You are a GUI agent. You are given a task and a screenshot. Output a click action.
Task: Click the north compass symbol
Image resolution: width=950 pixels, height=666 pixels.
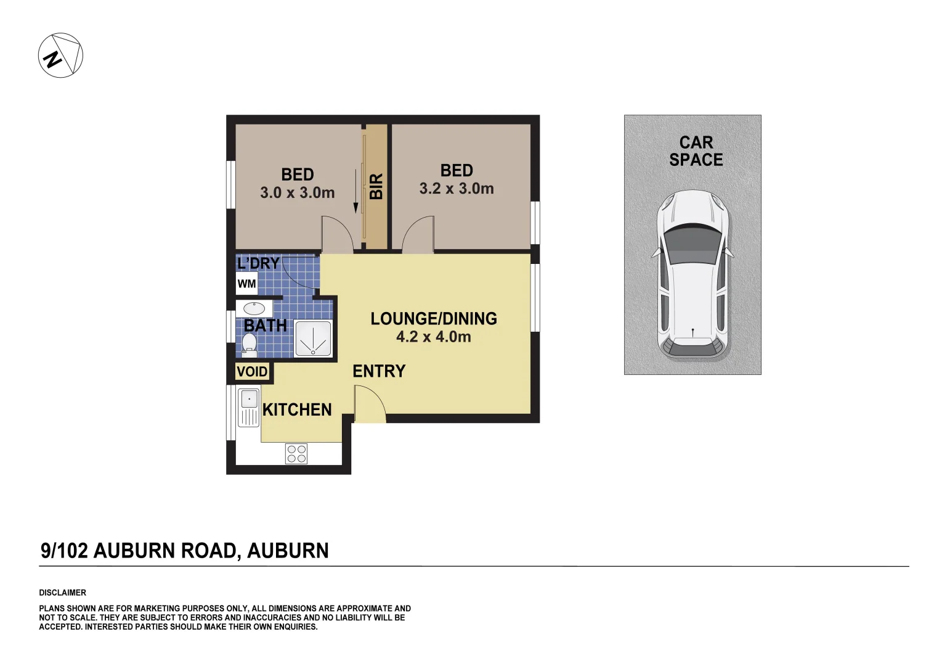tap(60, 55)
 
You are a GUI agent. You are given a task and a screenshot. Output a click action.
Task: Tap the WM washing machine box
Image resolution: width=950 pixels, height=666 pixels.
tap(246, 284)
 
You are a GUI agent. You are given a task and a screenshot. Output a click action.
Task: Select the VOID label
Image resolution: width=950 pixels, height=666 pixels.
tap(252, 372)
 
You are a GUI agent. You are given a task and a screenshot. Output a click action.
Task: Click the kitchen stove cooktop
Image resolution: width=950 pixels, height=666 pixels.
tap(296, 454)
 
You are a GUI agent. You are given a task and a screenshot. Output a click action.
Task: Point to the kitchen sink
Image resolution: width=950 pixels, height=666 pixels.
tap(249, 399)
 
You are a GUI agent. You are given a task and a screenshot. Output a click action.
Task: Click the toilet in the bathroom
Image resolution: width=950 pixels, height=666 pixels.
tap(249, 345)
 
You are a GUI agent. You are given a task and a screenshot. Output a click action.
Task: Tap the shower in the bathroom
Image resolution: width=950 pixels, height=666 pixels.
tap(313, 338)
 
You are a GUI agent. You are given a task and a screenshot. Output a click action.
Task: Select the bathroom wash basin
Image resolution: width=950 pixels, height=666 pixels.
tap(254, 308)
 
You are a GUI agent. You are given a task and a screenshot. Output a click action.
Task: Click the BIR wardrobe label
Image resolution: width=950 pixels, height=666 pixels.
tap(376, 186)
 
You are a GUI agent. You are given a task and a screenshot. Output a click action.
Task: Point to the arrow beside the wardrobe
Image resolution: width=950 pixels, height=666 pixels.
tap(355, 191)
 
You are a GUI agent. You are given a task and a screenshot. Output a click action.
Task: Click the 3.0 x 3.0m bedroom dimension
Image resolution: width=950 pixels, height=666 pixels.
tap(297, 193)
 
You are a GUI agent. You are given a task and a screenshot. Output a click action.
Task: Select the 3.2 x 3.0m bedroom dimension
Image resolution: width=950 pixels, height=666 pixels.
tap(457, 189)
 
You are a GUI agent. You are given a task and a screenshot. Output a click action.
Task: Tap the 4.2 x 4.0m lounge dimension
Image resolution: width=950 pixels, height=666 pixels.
tap(433, 337)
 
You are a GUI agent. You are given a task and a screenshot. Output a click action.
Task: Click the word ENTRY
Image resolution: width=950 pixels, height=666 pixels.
tap(379, 371)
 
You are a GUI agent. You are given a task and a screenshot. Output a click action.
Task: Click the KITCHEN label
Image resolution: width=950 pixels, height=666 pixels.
tap(297, 409)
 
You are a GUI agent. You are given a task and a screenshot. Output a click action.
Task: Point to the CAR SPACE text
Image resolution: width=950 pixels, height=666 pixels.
tap(696, 151)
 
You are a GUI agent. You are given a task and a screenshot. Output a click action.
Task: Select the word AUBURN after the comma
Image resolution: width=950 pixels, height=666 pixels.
tap(288, 551)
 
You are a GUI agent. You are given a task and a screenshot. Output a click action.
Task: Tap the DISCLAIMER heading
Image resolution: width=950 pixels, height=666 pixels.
tap(62, 593)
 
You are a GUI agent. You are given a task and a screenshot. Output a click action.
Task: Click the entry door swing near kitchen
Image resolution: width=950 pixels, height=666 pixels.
tap(370, 404)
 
